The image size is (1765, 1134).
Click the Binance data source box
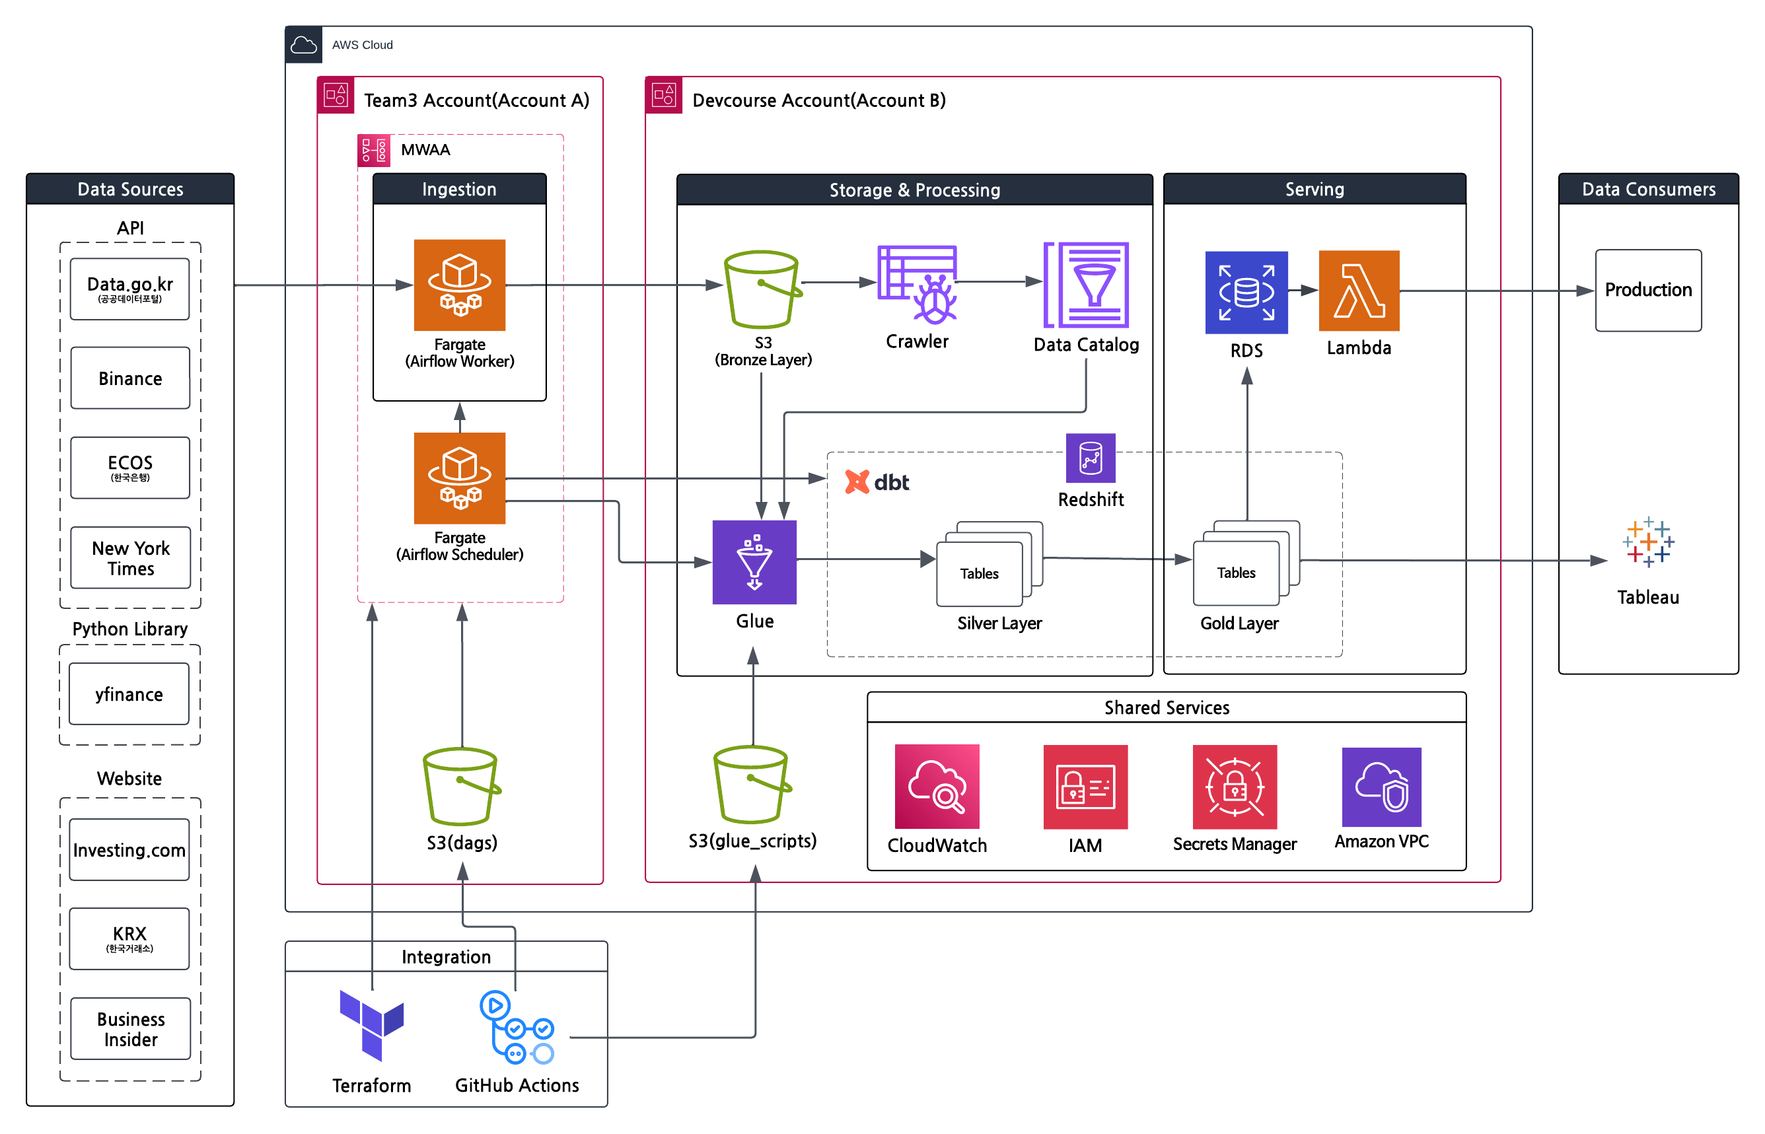129,378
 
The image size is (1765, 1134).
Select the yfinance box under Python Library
129,693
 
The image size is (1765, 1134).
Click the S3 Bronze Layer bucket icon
762,289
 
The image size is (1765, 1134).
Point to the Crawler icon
917,284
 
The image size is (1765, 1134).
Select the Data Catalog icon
1085,284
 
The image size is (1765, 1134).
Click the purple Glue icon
754,562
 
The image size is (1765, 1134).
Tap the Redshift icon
1090,457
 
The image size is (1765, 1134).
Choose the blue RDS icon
1246,292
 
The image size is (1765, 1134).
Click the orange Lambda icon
1359,290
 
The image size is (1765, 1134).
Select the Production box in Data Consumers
1647,289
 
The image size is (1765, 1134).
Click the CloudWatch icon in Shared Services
937,786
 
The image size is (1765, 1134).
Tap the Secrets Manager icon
1234,786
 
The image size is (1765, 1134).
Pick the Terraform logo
371,1024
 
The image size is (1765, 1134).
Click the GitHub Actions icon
516,1026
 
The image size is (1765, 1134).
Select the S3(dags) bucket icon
461,786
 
